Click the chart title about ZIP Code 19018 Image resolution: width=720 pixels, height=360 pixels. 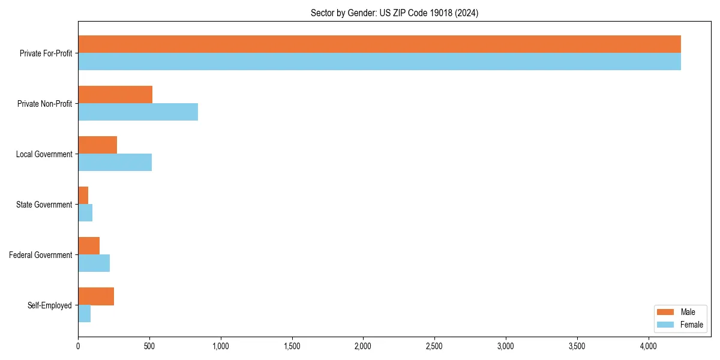click(394, 13)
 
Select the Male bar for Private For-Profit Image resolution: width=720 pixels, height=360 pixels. click(379, 44)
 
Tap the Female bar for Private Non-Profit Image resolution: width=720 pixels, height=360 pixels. click(138, 112)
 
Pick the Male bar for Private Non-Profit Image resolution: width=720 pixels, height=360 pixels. click(115, 95)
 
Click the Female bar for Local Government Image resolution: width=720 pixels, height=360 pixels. click(115, 163)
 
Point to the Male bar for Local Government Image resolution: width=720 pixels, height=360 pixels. click(97, 145)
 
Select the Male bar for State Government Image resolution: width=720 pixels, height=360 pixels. click(83, 196)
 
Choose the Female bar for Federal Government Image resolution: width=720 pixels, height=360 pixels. click(94, 263)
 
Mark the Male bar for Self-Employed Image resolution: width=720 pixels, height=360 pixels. click(96, 296)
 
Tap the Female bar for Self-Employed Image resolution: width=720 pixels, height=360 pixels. click(84, 314)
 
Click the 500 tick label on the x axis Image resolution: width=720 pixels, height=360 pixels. click(149, 346)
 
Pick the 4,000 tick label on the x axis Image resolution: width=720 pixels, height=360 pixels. click(649, 346)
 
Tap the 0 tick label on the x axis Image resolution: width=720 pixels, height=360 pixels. click(78, 346)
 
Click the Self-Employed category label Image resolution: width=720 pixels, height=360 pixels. click(50, 305)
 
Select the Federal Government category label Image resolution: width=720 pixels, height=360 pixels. click(41, 255)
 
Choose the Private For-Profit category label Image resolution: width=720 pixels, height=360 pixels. click(46, 53)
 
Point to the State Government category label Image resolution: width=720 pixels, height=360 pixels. click(44, 205)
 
